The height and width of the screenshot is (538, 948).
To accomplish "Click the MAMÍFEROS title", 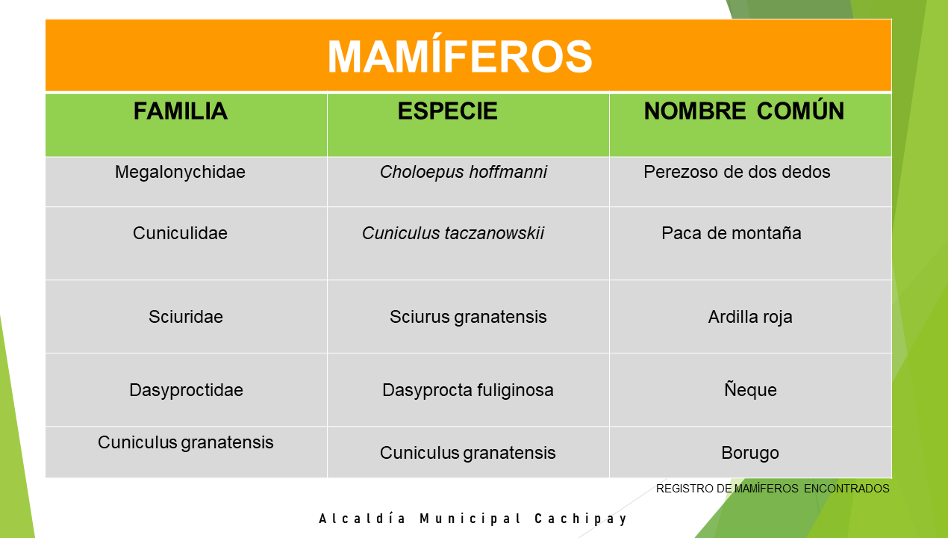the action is [x=460, y=56].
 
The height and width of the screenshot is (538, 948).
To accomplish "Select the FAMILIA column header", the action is [x=181, y=111].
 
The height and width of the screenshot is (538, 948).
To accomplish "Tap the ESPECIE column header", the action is [x=447, y=111].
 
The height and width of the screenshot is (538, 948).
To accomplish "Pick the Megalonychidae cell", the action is [x=181, y=172].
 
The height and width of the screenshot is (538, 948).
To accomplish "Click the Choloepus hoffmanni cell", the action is [x=464, y=172].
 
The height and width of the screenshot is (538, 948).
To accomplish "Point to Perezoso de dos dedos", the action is [x=737, y=172].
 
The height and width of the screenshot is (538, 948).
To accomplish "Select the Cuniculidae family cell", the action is [x=181, y=233].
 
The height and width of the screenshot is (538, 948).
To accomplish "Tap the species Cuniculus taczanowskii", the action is [x=453, y=233].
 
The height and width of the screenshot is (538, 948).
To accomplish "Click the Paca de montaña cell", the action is [x=732, y=233].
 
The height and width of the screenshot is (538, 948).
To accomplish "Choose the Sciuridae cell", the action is [x=186, y=317].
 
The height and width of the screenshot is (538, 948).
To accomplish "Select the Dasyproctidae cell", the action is [x=186, y=391].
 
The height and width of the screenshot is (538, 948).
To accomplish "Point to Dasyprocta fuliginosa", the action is [x=467, y=391].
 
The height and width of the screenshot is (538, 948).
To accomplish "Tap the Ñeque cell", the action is [x=750, y=389].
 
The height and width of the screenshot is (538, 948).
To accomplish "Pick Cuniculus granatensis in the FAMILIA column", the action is [x=186, y=442].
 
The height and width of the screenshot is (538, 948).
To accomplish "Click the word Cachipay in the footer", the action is [x=581, y=519].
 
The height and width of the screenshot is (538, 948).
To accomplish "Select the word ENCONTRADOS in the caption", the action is [x=846, y=489].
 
